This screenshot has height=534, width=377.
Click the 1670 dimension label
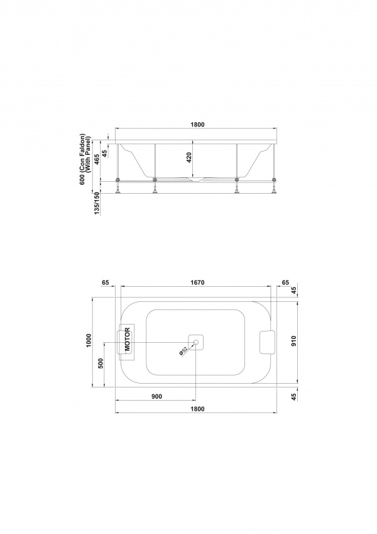click(x=197, y=282)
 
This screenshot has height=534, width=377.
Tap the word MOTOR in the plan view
click(x=128, y=339)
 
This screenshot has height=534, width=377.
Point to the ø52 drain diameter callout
click(x=183, y=351)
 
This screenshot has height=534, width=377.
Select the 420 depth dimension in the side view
click(x=189, y=157)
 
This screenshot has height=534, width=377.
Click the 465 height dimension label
click(x=97, y=159)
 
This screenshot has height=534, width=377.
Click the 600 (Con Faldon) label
click(x=82, y=159)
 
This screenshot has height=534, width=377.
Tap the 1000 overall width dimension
click(x=89, y=340)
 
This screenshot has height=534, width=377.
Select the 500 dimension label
click(x=101, y=364)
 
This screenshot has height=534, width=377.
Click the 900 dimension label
click(x=157, y=396)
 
